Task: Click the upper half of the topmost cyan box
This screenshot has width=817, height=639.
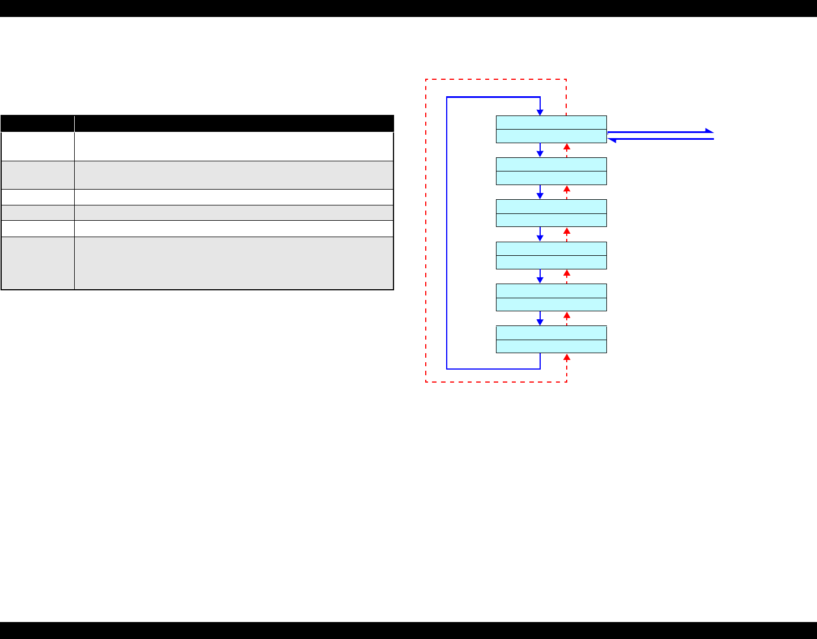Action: [x=551, y=122]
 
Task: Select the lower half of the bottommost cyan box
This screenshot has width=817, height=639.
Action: [x=551, y=346]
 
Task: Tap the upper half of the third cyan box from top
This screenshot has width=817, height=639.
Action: [x=551, y=206]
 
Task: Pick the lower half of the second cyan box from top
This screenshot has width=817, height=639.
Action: [x=551, y=178]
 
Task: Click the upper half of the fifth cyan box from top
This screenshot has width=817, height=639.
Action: [x=551, y=290]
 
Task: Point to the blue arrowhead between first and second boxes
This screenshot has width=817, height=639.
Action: [x=540, y=154]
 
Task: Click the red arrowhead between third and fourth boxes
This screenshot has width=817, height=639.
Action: [x=567, y=231]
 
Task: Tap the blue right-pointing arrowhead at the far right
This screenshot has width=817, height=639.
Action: [x=709, y=131]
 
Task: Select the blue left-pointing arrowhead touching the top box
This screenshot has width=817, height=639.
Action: [x=611, y=139]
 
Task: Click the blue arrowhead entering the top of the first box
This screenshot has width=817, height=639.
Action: [x=540, y=112]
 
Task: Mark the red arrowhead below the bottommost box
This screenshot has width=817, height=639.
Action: [x=567, y=357]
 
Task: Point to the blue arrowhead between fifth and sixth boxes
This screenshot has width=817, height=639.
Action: [x=540, y=322]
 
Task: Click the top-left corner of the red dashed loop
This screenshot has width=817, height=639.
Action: [x=426, y=80]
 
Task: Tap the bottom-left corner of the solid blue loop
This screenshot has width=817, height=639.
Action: [x=447, y=368]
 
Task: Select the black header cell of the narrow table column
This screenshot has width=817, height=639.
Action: [x=37, y=123]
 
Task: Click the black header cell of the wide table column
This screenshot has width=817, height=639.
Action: [x=234, y=123]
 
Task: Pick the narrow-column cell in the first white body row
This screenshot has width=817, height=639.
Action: [x=37, y=147]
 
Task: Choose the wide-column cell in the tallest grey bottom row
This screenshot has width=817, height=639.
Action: [x=234, y=263]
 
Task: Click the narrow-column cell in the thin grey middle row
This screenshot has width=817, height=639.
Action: [x=37, y=212]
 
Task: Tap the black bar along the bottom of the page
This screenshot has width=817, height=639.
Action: [x=408, y=630]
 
